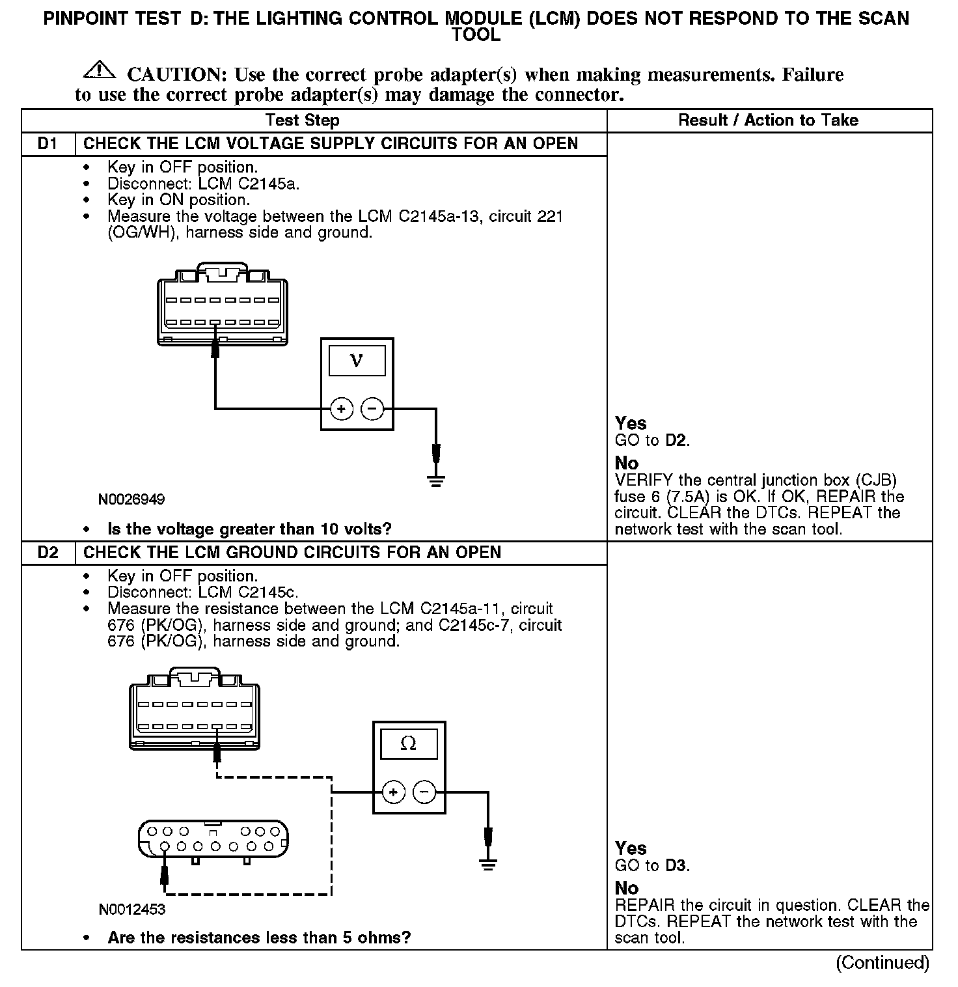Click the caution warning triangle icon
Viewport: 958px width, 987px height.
(99, 68)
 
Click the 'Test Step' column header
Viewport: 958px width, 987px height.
(302, 120)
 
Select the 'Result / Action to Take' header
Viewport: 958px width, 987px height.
(768, 120)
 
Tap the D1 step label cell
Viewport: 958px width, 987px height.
(48, 144)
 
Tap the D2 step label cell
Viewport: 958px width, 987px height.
(48, 553)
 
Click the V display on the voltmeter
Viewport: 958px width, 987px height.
(357, 361)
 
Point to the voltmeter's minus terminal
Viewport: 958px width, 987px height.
(372, 409)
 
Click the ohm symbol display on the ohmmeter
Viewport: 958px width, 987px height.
(408, 744)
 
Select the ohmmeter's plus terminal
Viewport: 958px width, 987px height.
(392, 792)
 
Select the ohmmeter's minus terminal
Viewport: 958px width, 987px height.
(424, 792)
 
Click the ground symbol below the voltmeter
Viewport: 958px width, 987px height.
(436, 480)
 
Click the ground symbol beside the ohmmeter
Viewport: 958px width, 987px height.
(487, 864)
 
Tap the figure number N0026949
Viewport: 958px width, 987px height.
(131, 500)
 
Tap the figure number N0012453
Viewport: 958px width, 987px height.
(132, 910)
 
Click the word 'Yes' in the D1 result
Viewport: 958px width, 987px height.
(631, 424)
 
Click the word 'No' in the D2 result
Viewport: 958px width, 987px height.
(627, 888)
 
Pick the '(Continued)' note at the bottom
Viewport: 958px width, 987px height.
(883, 962)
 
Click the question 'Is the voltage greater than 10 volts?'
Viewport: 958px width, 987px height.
(250, 529)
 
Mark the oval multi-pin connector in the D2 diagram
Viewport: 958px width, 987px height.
(213, 839)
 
